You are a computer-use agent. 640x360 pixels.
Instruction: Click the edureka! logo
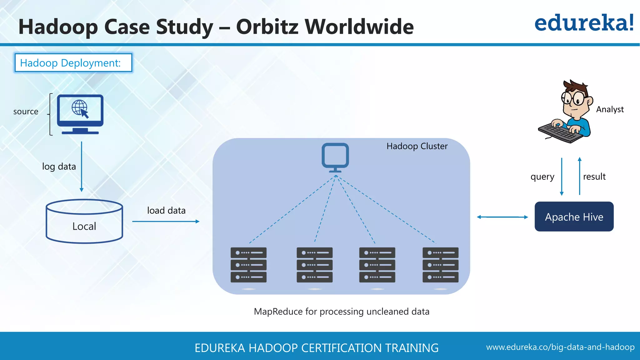coord(584,23)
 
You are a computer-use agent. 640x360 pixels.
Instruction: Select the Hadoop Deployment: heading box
coord(73,63)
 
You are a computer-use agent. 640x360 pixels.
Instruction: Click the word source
coord(26,112)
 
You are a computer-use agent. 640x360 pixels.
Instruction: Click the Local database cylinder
coord(84,222)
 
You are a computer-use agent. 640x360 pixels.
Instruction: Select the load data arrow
coord(166,222)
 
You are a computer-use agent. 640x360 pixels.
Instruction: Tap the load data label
coord(166,211)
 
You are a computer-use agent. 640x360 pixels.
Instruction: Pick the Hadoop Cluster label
coord(417,146)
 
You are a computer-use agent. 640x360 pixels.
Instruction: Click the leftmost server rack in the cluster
coord(248,265)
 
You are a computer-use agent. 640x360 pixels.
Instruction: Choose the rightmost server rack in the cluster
coord(440,265)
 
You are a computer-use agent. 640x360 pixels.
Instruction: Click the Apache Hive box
coord(574,217)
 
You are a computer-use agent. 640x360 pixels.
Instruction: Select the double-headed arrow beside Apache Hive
coord(502,217)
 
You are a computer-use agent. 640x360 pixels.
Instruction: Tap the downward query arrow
coord(562,177)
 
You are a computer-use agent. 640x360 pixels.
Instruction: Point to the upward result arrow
coord(580,177)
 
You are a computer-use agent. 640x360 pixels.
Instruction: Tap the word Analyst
coord(610,109)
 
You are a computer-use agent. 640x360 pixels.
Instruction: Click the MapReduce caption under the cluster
coord(342,312)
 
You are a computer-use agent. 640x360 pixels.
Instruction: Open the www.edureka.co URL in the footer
coord(560,347)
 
